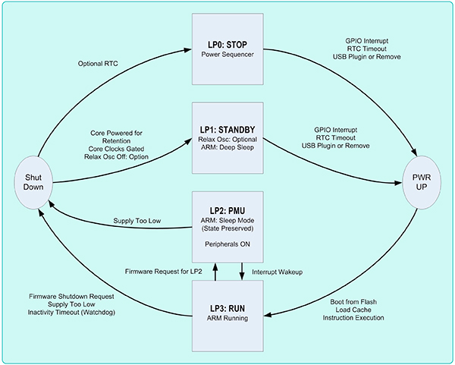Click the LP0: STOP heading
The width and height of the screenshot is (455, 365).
(228, 44)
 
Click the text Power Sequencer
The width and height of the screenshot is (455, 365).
(228, 55)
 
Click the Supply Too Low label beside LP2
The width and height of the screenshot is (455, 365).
(138, 220)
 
